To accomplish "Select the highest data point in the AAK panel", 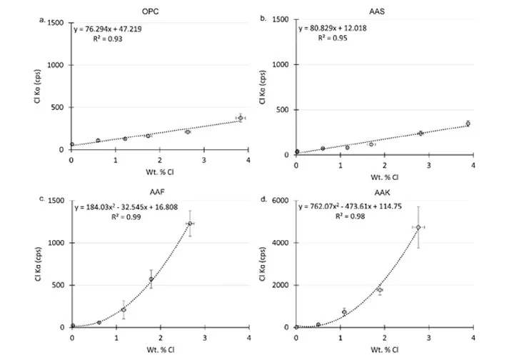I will (419, 227).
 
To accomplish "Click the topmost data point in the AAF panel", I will (190, 224).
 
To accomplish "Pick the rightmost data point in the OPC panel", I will (241, 118).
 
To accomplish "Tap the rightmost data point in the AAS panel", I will (468, 124).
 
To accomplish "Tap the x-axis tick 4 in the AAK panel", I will (474, 337).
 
